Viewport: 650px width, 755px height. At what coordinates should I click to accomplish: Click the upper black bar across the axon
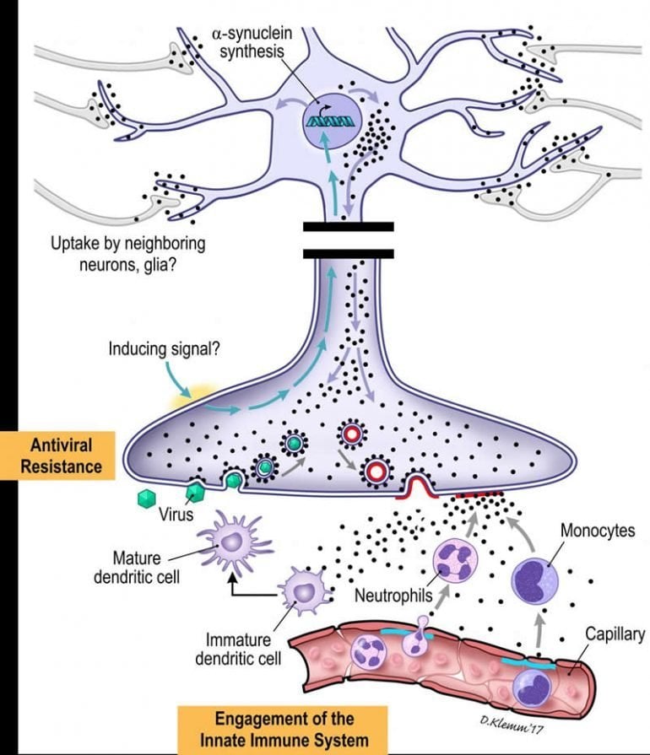(348, 226)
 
